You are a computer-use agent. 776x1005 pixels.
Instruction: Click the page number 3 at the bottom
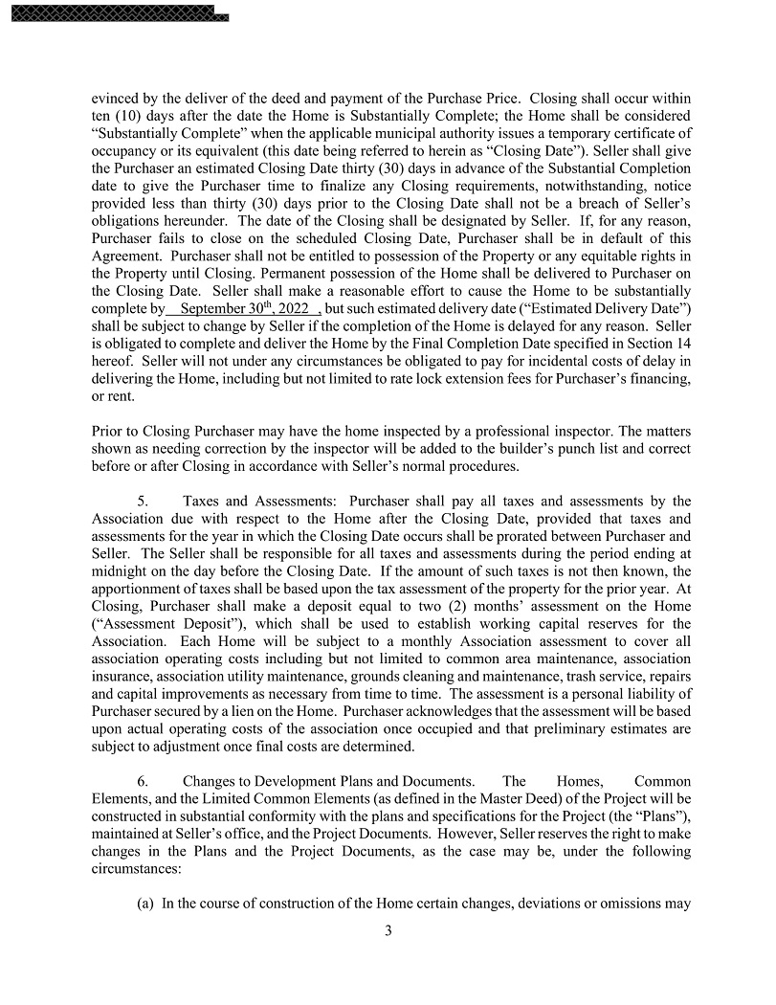[388, 930]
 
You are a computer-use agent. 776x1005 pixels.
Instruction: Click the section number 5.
[143, 501]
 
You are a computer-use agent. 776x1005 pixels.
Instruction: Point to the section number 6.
[143, 782]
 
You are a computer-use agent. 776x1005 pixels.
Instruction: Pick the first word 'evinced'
[114, 99]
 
